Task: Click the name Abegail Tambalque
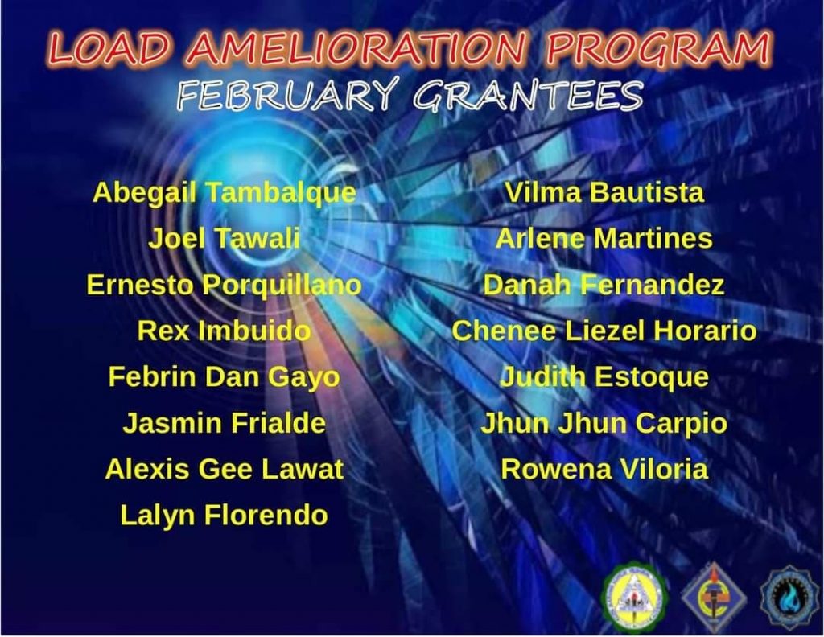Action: point(225,194)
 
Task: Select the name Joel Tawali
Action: point(225,239)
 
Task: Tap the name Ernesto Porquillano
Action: point(225,286)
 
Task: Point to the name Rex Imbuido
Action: point(225,331)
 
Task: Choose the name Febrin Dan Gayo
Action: point(225,377)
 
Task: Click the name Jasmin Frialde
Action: point(225,423)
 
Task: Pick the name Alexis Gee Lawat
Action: point(225,469)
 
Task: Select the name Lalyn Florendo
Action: point(225,516)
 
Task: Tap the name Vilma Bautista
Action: point(604,193)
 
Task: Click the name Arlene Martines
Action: point(604,239)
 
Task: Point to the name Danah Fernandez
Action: point(604,286)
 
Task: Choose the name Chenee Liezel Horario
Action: point(604,331)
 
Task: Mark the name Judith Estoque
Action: point(604,377)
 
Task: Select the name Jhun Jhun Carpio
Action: point(604,424)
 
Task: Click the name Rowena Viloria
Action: point(604,469)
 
